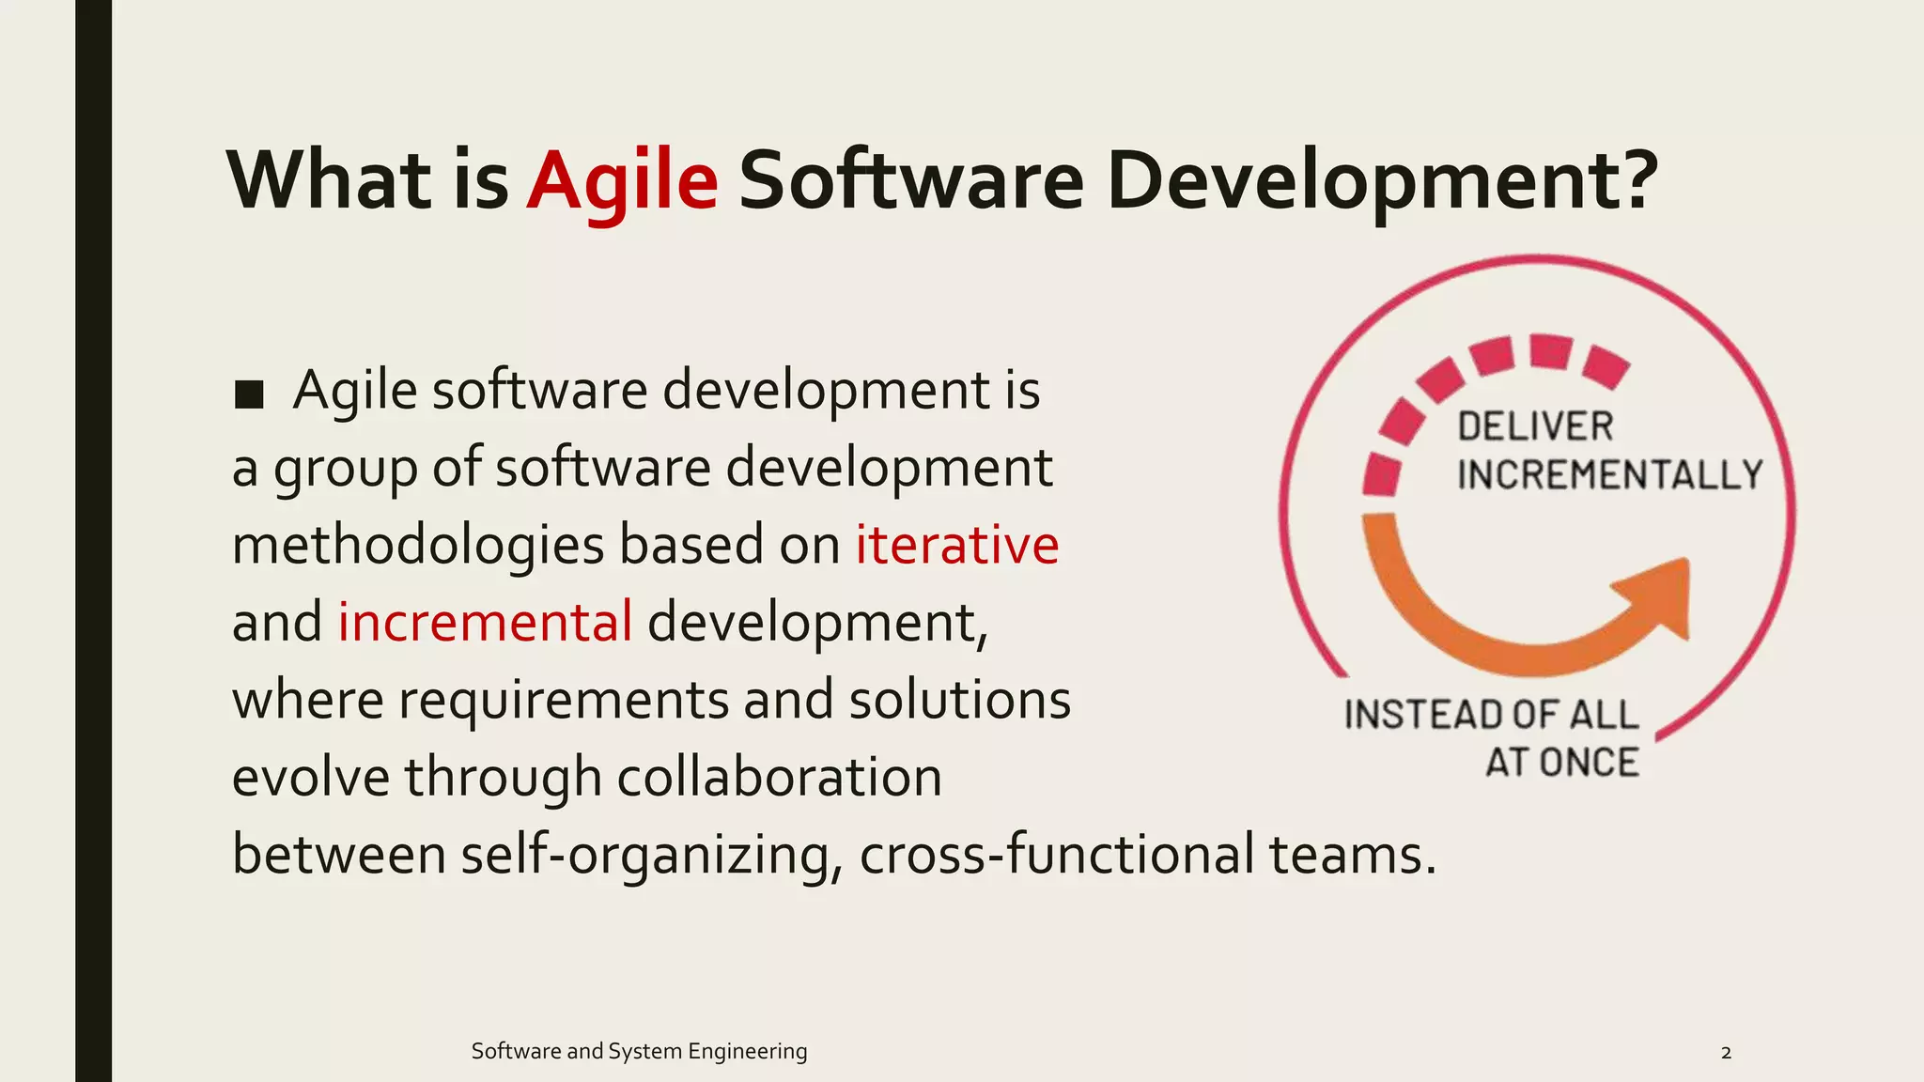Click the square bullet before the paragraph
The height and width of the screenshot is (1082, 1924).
coord(249,394)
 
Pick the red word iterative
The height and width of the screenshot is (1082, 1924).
coord(956,545)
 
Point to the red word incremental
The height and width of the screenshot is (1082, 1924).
coord(485,622)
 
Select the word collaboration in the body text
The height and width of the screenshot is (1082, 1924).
coord(779,778)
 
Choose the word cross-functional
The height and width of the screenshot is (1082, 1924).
coord(1056,856)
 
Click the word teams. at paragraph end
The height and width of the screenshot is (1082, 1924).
coord(1353,856)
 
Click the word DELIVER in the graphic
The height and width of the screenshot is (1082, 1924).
coord(1535,427)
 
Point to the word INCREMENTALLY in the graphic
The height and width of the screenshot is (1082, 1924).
coord(1610,474)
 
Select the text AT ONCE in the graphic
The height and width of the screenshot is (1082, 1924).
coord(1562,762)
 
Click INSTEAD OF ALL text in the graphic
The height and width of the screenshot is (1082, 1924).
coord(1491,715)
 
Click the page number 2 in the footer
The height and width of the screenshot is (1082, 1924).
coord(1726,1053)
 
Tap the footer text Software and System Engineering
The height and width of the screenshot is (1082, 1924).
coord(639,1051)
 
